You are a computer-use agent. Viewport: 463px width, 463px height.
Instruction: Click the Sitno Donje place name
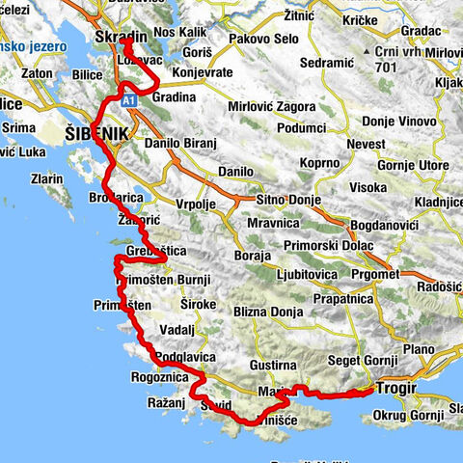(286, 199)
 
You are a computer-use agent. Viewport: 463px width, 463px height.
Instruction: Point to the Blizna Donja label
(269, 313)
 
